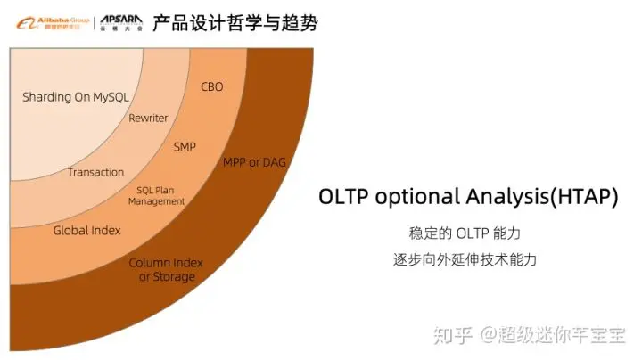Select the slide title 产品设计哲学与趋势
pos(235,21)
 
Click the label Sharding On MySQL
pos(74,97)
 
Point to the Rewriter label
pos(148,118)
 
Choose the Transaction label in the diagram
pos(95,172)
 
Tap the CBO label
pos(212,87)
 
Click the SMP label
pos(185,146)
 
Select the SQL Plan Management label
pos(157,196)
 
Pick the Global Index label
pos(86,231)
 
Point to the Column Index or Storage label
pos(166,270)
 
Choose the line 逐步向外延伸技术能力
pos(465,260)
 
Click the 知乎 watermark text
pos(452,334)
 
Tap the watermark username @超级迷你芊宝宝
pos(554,334)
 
